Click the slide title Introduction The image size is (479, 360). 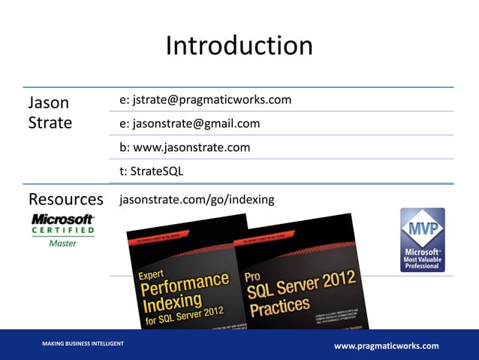coord(239,46)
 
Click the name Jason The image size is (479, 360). coord(49,102)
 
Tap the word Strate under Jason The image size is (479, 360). coord(50,123)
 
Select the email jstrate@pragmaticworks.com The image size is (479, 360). coord(205,100)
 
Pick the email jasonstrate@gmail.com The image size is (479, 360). coord(189,124)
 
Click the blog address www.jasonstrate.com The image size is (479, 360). coord(185,147)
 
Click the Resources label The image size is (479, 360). coord(66,199)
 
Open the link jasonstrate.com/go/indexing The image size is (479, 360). coord(197,199)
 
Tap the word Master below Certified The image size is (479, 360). coord(62,243)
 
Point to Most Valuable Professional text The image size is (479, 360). coord(422,259)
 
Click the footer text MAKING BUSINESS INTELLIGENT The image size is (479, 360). coord(83,343)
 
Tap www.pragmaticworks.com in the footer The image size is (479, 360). coord(386,345)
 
